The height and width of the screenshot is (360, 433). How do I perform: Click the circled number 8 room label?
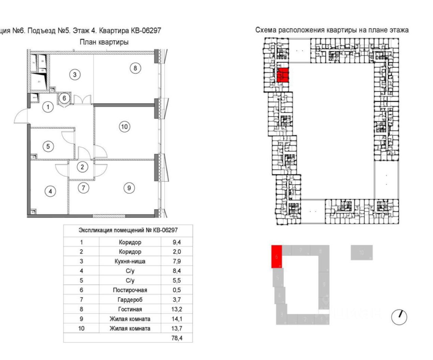135,68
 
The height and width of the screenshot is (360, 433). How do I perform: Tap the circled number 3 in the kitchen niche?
75,74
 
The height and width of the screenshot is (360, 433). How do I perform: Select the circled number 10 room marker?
124,127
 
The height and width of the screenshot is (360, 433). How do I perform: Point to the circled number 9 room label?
129,188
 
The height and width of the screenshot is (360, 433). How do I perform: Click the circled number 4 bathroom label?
50,191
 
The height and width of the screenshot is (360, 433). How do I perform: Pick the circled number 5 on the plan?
48,146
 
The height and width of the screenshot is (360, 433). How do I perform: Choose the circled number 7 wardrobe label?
84,187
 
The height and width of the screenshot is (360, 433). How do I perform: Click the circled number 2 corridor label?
82,167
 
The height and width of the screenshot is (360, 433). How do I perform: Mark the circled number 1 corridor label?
48,107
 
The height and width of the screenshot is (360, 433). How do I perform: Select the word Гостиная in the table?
130,309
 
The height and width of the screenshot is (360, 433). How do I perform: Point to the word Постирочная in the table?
130,290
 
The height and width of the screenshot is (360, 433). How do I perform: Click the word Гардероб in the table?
130,300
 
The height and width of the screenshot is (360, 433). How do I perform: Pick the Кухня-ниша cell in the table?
130,261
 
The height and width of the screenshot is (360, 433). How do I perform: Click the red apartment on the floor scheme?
283,75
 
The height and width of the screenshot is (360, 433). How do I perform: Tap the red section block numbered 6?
277,256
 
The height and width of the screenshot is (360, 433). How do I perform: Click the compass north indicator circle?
399,317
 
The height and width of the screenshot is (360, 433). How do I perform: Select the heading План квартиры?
104,42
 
